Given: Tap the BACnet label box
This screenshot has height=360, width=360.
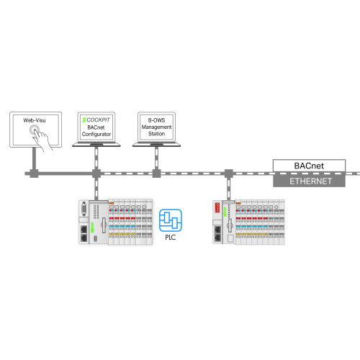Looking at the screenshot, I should [x=309, y=166].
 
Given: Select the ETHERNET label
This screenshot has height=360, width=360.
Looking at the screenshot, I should [x=309, y=181].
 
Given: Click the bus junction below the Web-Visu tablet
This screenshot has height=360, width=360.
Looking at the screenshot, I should [x=32, y=174].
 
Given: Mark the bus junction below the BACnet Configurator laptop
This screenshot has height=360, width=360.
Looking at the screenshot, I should [x=94, y=174].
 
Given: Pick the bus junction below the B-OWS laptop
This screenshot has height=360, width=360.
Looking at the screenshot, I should [x=156, y=174].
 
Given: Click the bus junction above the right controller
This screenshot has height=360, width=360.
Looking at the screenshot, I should [x=228, y=174].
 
